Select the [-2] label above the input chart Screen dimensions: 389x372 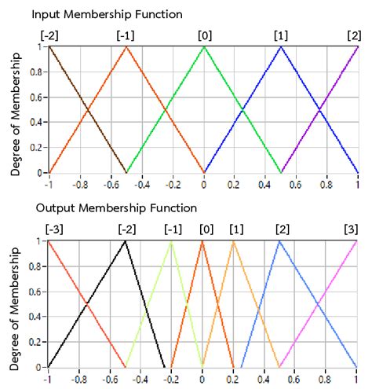(x=49, y=36)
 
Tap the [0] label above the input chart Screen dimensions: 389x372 (x=204, y=36)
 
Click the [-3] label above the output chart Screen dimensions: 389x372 (x=49, y=229)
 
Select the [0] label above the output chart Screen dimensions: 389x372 (x=206, y=229)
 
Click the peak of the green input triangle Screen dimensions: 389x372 (x=203, y=46)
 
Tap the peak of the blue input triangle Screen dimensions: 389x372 (x=280, y=46)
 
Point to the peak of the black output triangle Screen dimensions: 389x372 (x=126, y=240)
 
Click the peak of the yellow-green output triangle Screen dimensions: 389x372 (x=171, y=240)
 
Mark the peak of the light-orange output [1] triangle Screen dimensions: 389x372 (x=233, y=240)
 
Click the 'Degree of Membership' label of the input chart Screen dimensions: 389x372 (x=15, y=110)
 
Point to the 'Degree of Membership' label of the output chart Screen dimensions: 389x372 (x=15, y=304)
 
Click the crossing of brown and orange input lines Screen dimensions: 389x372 (x=87, y=110)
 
